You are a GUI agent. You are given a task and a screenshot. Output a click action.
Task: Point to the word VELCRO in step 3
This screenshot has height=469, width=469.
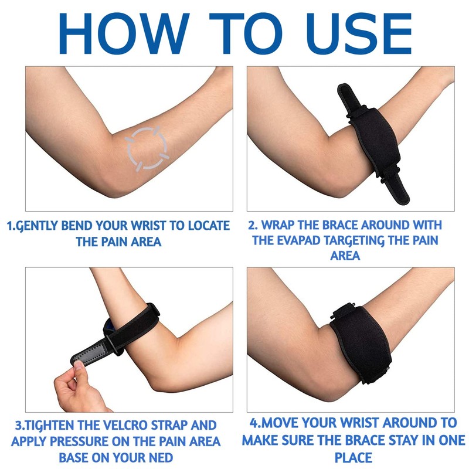(x=135, y=425)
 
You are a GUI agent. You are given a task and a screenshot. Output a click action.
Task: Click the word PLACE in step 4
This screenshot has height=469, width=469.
(x=354, y=456)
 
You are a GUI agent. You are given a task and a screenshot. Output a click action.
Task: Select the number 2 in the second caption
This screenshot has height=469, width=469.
(x=252, y=225)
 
